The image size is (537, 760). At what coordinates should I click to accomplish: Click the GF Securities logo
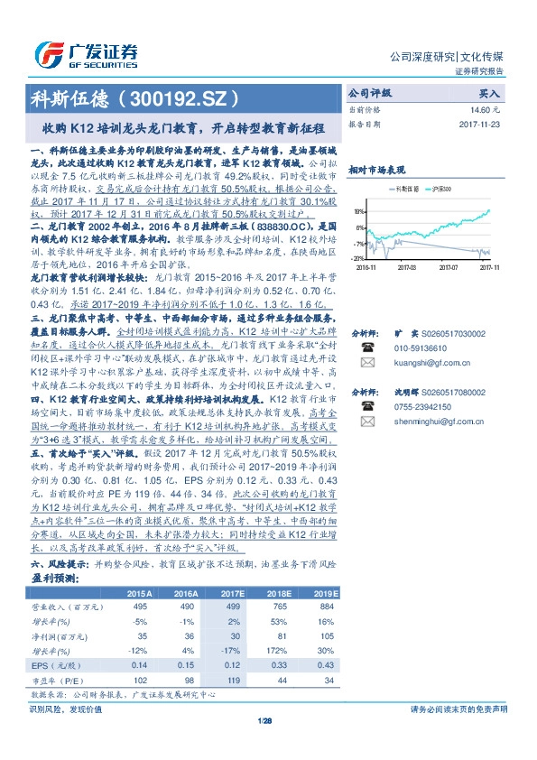tap(85, 52)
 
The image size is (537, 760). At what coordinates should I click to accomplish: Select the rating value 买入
tap(488, 93)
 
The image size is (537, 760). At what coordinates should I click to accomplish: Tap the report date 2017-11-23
tap(481, 124)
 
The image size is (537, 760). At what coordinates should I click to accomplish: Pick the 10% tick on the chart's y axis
tap(359, 211)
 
